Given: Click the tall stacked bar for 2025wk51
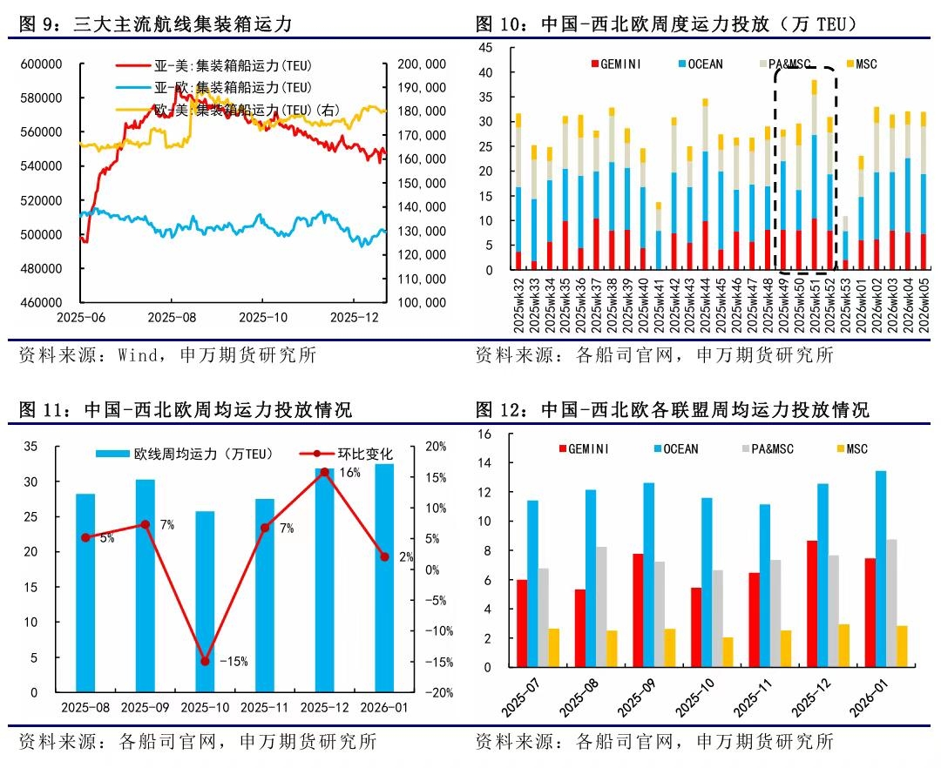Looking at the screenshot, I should click(x=814, y=174).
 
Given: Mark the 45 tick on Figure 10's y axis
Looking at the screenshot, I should click(x=485, y=49).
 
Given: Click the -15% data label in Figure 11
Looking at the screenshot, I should click(x=234, y=662).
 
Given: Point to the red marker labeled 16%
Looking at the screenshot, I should click(x=325, y=472).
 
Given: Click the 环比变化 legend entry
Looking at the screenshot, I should click(x=358, y=454).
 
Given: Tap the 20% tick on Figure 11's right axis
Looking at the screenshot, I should click(x=435, y=447).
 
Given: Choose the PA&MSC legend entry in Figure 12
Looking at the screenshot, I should click(x=771, y=449).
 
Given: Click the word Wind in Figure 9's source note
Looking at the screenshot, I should click(x=137, y=354).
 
